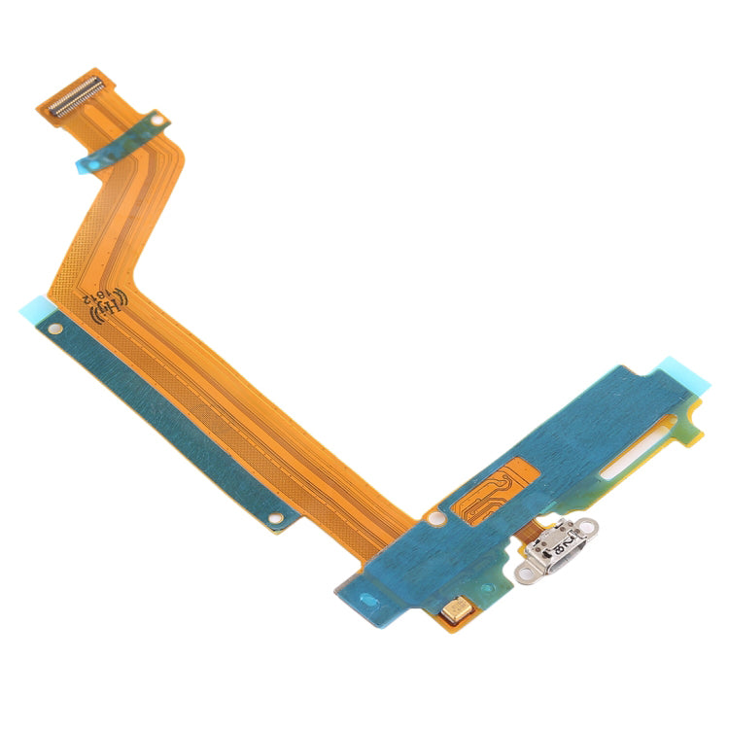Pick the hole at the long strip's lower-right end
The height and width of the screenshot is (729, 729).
click(275, 519)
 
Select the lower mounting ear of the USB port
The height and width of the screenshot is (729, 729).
click(528, 579)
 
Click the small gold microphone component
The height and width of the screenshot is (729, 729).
click(454, 610)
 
